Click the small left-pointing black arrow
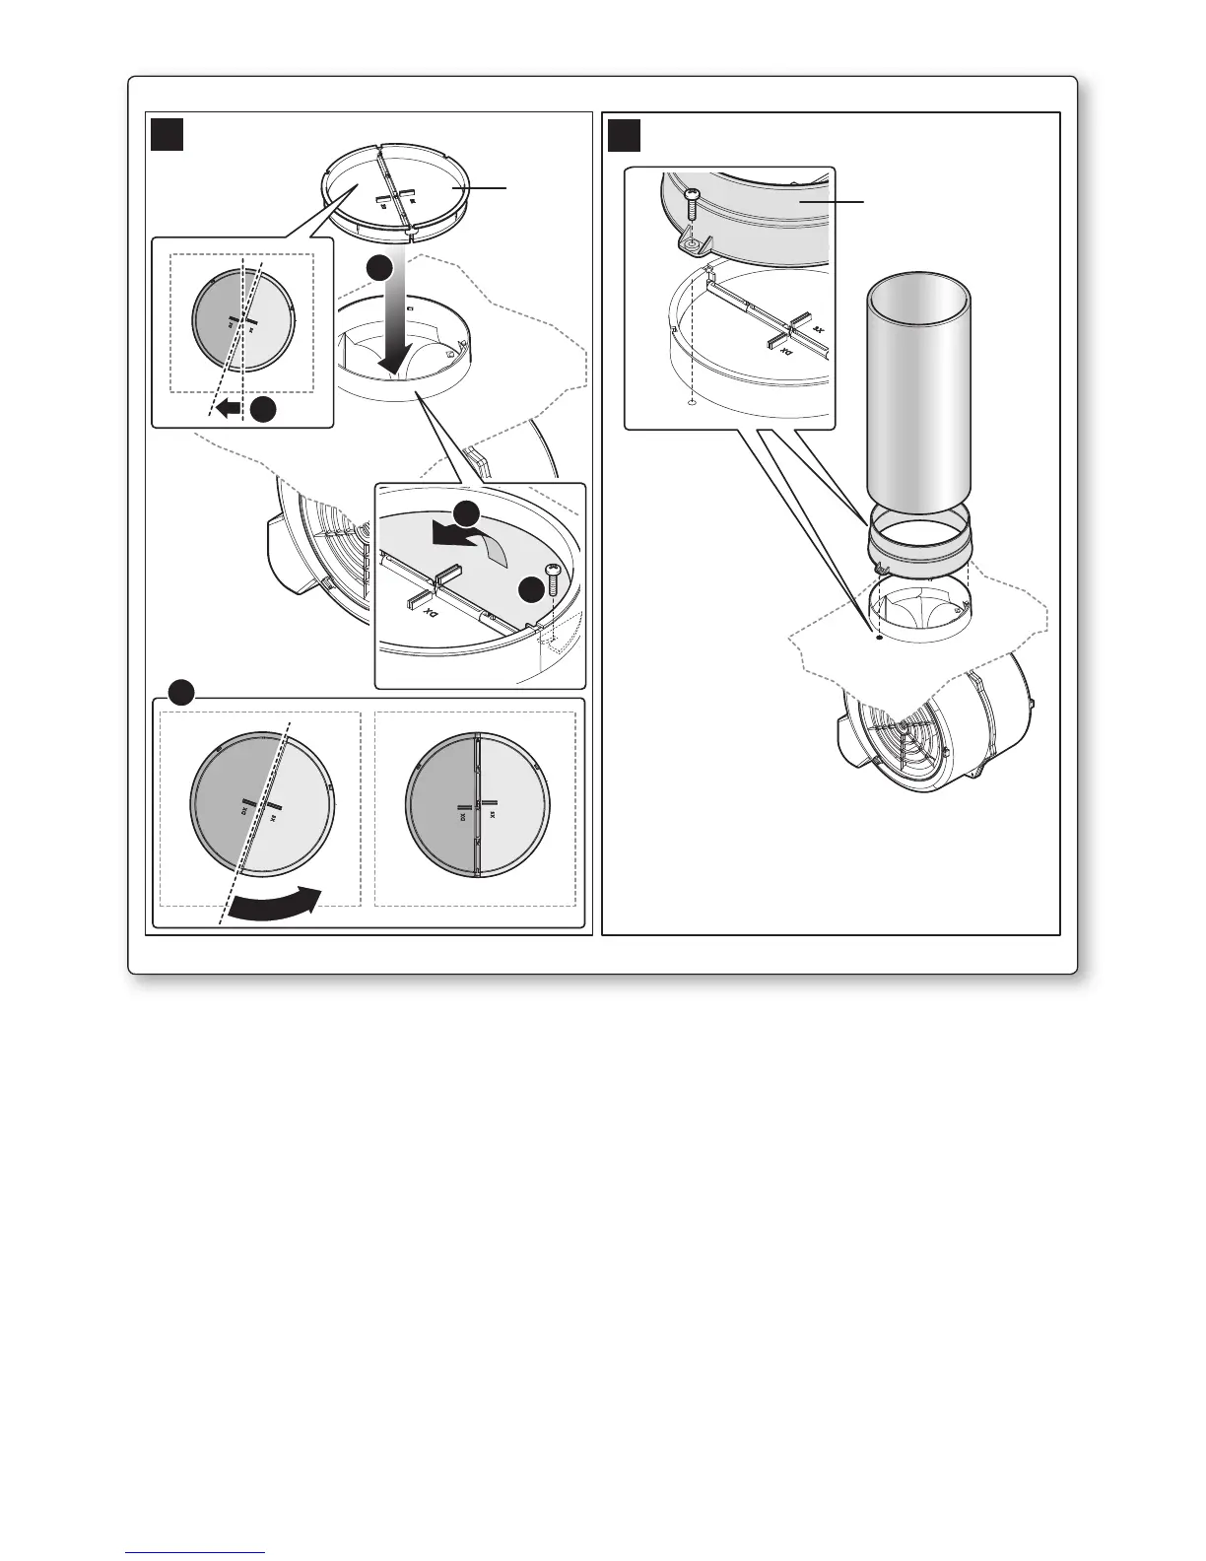tap(229, 408)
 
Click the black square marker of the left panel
tap(167, 133)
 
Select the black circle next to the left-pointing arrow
tap(263, 410)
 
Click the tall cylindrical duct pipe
tap(918, 394)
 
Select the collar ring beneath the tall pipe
tap(918, 548)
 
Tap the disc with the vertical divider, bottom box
tap(478, 805)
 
